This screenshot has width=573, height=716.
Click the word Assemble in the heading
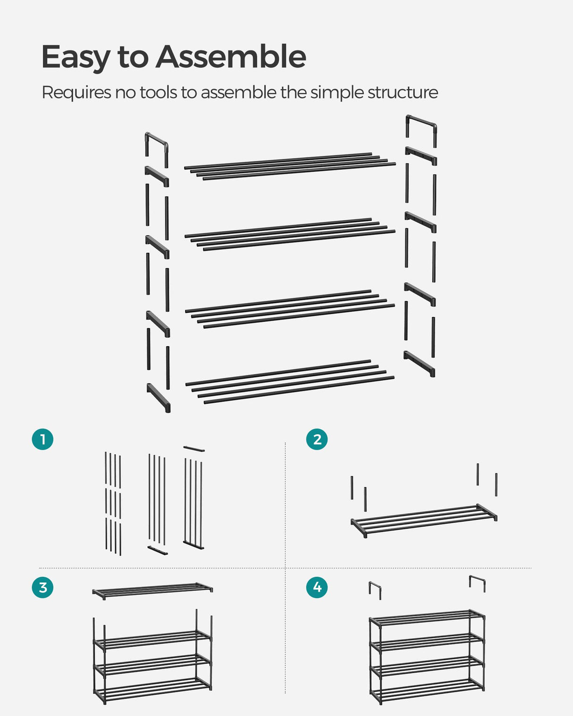231,57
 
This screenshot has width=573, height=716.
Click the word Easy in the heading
76,58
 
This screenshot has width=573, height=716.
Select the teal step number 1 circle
42,439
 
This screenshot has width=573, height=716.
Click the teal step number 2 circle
317,439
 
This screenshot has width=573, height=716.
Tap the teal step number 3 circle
42,587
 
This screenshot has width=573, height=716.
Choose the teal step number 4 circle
317,587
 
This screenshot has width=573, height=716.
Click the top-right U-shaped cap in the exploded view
421,124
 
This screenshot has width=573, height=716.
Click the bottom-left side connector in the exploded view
159,398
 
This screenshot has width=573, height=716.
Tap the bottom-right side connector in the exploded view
419,364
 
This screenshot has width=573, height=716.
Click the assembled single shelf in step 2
423,520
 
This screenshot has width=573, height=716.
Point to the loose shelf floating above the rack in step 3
152,590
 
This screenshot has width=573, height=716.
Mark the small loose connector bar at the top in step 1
194,449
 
